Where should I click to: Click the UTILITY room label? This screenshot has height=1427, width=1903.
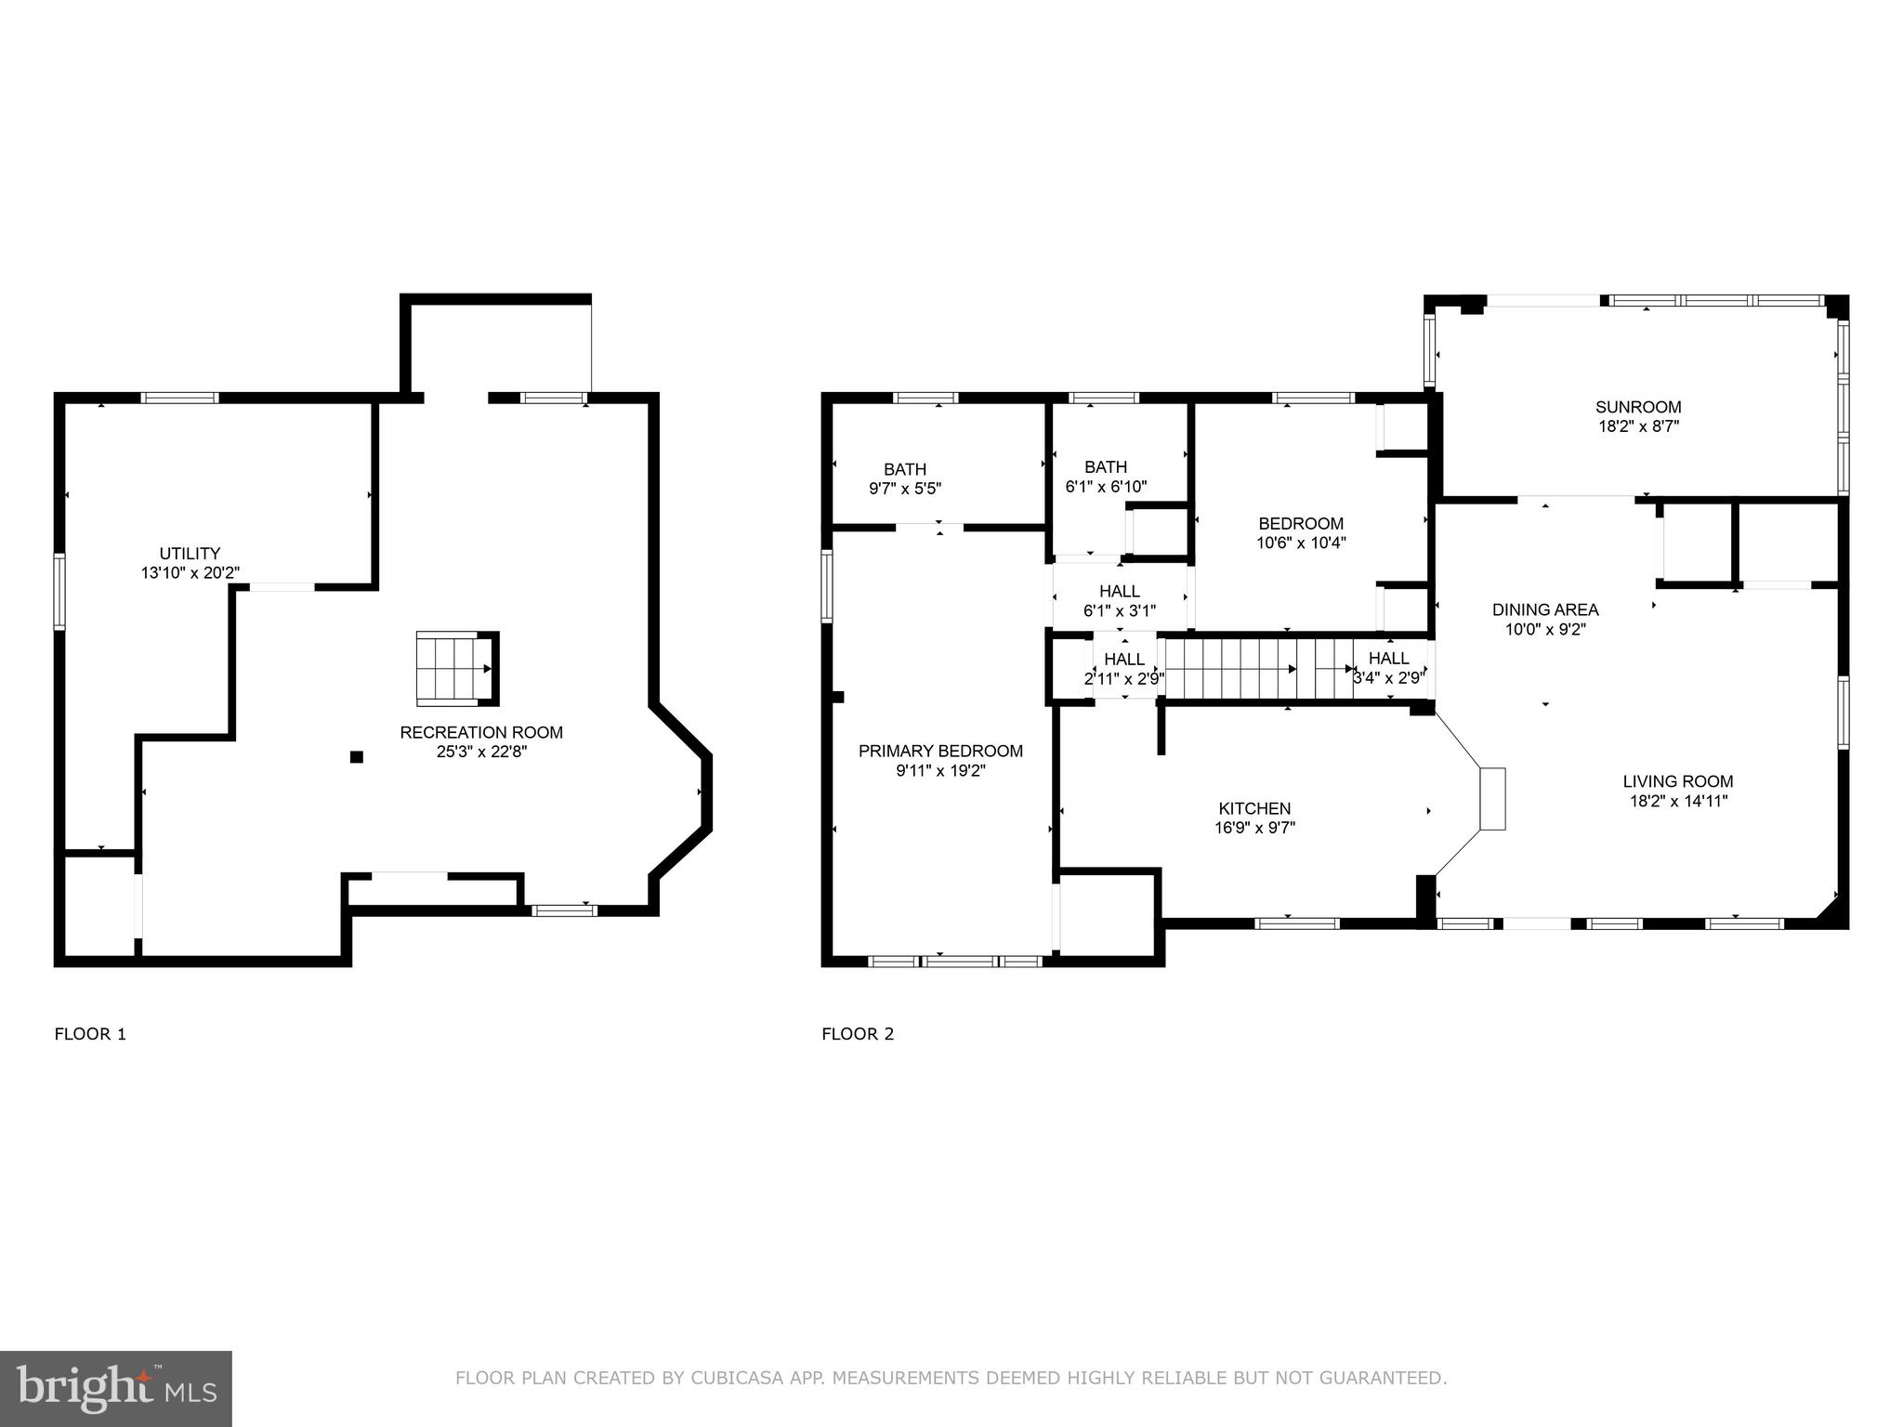[190, 554]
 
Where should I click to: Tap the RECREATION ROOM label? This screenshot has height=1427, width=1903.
[481, 732]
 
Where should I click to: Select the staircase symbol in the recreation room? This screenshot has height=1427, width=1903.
[455, 667]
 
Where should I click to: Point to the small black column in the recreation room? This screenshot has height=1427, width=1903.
[356, 757]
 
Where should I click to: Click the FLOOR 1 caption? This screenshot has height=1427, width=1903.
[90, 1034]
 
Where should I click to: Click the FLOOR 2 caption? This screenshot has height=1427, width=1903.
[858, 1034]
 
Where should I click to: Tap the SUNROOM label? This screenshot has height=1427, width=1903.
[1638, 407]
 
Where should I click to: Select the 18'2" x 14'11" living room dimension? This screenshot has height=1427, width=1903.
[1678, 801]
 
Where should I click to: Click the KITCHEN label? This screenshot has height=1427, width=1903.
[1254, 808]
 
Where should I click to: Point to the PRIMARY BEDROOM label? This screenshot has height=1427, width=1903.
[940, 751]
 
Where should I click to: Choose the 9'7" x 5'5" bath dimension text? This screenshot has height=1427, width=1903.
[905, 488]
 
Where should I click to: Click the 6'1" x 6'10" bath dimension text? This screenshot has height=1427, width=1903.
[1106, 486]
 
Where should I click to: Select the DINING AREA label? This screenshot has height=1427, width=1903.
[1545, 609]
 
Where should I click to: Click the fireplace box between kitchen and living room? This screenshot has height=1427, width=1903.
[1492, 798]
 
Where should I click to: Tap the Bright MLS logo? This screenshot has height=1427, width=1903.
[116, 1388]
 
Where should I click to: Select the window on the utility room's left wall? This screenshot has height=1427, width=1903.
[59, 592]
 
